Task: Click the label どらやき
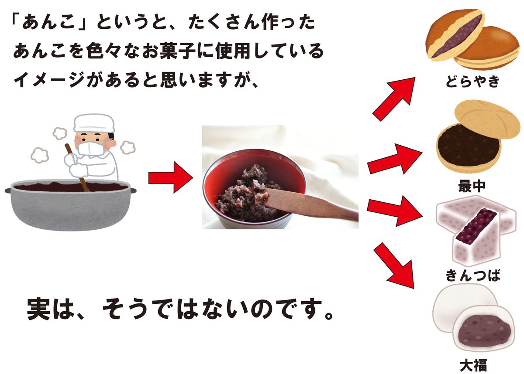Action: pos(471,81)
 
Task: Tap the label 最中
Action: pos(471,187)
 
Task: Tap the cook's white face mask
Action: pos(91,147)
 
